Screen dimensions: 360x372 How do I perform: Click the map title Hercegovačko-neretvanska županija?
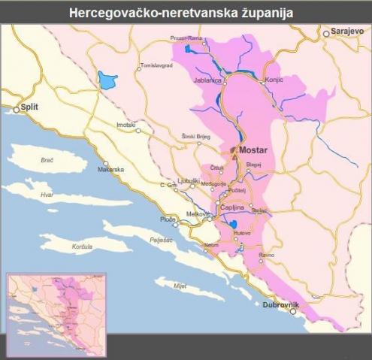tap(186, 12)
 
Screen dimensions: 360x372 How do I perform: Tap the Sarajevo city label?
tap(347, 33)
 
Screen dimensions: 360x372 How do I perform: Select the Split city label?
tap(29, 107)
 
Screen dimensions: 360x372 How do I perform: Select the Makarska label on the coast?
tap(110, 169)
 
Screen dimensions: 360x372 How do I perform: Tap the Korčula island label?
tap(81, 247)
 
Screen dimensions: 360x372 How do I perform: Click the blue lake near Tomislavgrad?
tap(107, 79)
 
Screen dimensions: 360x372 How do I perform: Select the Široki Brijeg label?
tap(196, 136)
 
